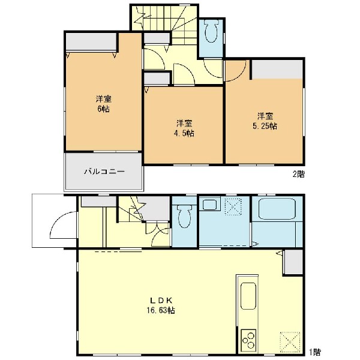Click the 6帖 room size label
pos(104,109)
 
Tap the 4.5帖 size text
pos(184,133)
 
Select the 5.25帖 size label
pos(265,126)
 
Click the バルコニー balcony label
pos(104,172)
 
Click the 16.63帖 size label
pos(161,310)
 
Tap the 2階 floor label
pos(298,174)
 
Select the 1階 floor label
pos(314,352)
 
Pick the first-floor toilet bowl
pos(184,216)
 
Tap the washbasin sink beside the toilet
pos(209,205)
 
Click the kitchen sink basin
pos(248,296)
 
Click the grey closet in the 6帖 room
pos(91,42)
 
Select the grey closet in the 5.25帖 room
pos(277,70)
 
